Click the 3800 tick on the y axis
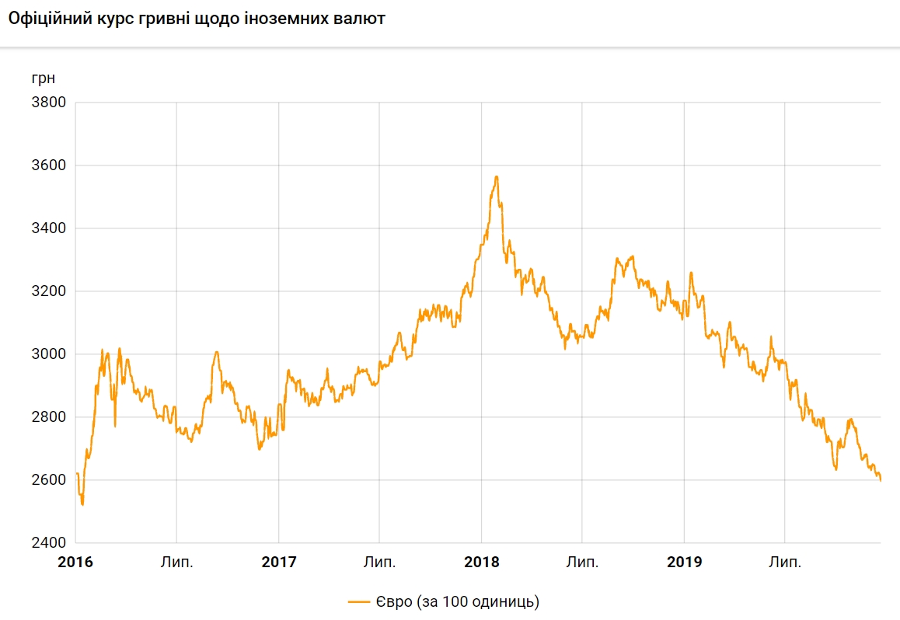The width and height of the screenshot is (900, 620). tap(48, 103)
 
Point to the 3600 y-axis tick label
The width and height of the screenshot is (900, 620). tap(48, 165)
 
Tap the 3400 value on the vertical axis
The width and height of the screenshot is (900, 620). tap(48, 228)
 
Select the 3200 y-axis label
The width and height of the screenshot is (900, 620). tap(48, 291)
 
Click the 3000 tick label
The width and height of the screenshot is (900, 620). tap(48, 354)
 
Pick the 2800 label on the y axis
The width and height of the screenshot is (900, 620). tap(48, 417)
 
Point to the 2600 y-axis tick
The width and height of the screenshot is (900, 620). tap(48, 480)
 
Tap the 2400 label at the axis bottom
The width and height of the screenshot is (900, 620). tap(48, 543)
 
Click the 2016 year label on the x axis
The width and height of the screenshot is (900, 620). tap(75, 562)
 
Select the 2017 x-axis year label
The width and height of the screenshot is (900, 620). tap(278, 562)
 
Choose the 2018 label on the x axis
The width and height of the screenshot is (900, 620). tap(481, 562)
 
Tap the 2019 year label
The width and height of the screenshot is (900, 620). tap(684, 562)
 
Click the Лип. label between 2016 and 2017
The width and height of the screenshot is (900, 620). tap(177, 562)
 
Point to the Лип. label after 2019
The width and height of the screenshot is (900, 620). tap(785, 562)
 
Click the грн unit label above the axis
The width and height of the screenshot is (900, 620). tap(44, 78)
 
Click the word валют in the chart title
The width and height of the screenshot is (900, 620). tap(360, 19)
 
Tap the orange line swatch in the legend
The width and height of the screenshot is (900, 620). tap(358, 601)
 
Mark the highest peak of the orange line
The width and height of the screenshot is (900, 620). tap(497, 177)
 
